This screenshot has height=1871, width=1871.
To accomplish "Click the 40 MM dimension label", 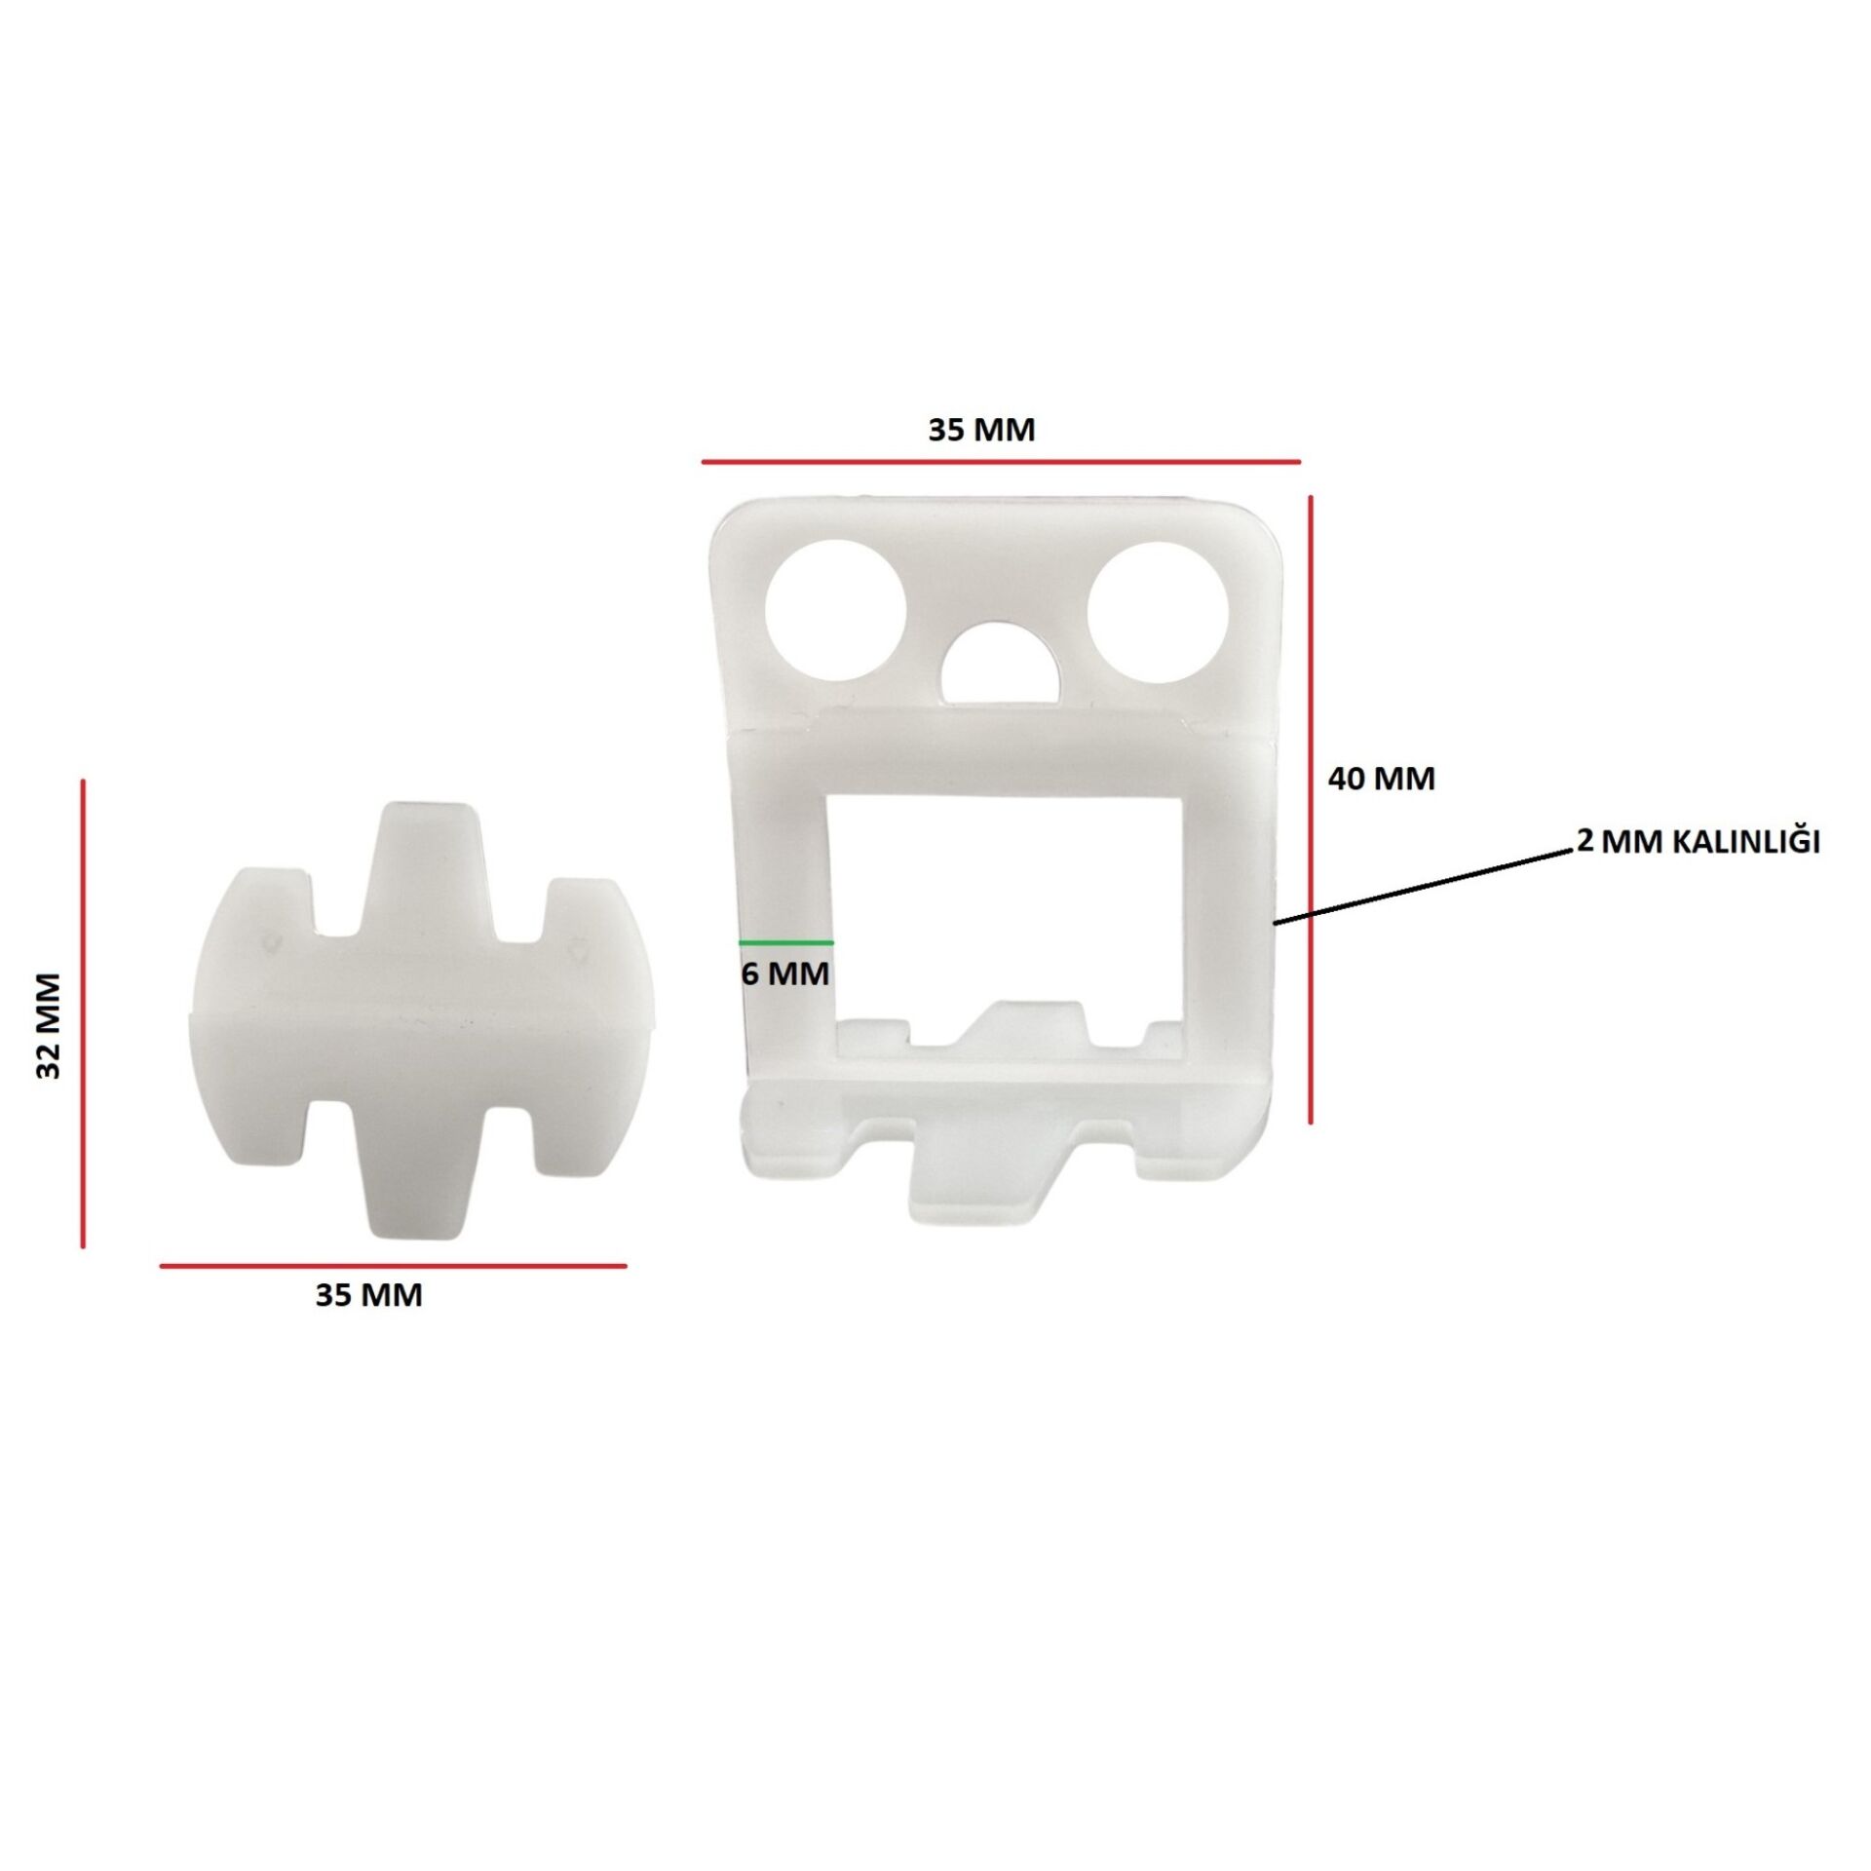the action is pos(1382,779).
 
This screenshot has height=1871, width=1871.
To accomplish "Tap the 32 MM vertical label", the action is pos(49,1024).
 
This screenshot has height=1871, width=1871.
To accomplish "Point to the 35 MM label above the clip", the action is pos(980,429).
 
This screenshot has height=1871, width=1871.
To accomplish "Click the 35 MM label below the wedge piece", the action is pos(368,1295).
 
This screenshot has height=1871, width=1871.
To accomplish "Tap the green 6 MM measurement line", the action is pos(785,942).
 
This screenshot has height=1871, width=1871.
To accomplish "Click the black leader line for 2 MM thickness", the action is pos(1424,885).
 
